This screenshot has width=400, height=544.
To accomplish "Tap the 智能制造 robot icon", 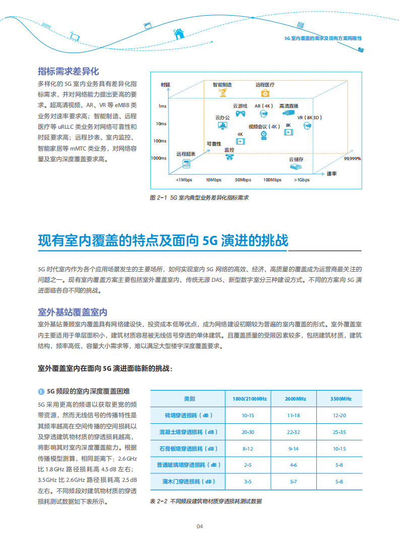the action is [x=222, y=93].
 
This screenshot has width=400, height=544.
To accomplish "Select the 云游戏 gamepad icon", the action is [x=240, y=114].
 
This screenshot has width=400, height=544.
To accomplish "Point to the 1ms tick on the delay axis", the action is [x=162, y=106].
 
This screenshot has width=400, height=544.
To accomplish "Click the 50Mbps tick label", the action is [x=243, y=180].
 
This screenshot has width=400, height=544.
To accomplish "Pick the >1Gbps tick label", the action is [x=302, y=180].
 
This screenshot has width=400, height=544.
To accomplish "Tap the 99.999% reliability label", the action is [x=352, y=159].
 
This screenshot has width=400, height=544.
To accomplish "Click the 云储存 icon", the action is [x=296, y=166].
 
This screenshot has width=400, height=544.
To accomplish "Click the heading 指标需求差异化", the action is [x=68, y=71].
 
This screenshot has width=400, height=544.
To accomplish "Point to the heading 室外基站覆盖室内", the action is [x=73, y=312].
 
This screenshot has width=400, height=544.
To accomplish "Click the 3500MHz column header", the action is [x=340, y=399].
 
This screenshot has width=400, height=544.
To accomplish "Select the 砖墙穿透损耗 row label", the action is [x=189, y=415].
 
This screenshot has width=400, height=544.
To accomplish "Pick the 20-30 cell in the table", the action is [x=248, y=432].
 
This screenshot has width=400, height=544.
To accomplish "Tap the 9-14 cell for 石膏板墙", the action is [x=294, y=449].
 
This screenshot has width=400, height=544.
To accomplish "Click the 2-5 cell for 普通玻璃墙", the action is [x=248, y=465].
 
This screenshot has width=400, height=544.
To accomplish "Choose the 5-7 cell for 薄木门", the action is [x=294, y=481].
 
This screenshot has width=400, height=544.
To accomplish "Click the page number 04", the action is [x=200, y=526].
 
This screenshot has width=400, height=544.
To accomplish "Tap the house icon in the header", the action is [x=178, y=33].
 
